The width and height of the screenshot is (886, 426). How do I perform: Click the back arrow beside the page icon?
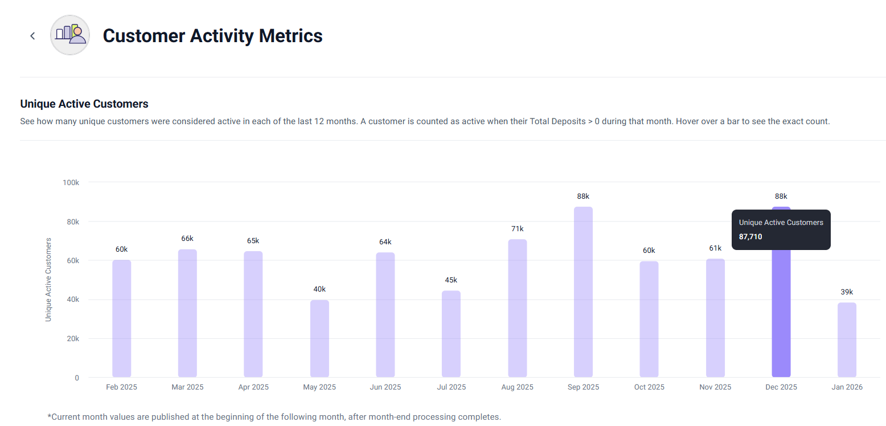click(x=33, y=36)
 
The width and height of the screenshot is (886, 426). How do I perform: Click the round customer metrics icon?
click(x=70, y=35)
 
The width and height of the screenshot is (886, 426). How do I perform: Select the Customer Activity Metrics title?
click(x=213, y=36)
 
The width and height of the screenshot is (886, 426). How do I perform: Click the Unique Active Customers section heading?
click(x=84, y=104)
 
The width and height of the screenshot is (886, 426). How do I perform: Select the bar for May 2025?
click(x=319, y=339)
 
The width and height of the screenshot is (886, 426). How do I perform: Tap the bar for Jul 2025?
click(x=452, y=334)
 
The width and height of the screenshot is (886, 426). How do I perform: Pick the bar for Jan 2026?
click(x=847, y=340)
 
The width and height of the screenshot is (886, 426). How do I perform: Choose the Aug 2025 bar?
click(x=518, y=308)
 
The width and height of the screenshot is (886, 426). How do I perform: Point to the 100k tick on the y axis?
click(x=71, y=182)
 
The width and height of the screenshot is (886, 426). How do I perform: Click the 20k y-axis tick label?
click(x=73, y=339)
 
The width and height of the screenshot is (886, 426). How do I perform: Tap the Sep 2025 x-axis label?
click(x=584, y=387)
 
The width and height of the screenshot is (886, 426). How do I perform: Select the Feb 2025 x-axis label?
click(x=121, y=387)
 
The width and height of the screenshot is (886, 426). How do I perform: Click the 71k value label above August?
click(x=518, y=228)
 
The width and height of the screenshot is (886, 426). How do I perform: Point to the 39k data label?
click(x=847, y=292)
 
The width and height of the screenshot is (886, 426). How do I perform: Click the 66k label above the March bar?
click(x=187, y=239)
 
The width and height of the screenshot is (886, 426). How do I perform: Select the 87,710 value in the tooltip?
click(x=750, y=236)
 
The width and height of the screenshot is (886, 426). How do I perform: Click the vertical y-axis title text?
click(x=48, y=280)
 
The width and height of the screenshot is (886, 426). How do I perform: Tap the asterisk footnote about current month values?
click(x=274, y=417)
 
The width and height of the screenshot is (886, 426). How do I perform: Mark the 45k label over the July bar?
click(x=452, y=280)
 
